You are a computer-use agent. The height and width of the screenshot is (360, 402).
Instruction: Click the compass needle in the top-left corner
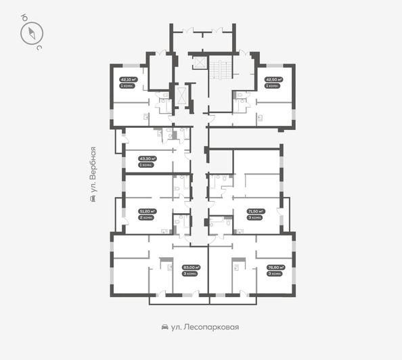coord(31,32)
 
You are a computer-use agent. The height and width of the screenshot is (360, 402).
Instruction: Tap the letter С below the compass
coord(39,48)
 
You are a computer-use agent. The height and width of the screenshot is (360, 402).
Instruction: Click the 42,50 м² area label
coord(273,79)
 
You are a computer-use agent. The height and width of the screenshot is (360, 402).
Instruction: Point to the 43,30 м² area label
coord(147,159)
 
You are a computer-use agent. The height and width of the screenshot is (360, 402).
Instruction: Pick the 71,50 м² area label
coord(256,211)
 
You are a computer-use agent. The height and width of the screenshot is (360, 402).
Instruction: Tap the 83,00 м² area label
coord(190,267)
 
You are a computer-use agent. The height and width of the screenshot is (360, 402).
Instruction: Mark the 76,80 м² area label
coord(274,267)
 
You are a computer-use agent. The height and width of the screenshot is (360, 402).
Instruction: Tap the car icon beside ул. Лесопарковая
coord(165,327)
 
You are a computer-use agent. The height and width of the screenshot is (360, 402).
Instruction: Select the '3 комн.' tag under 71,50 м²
coord(255,218)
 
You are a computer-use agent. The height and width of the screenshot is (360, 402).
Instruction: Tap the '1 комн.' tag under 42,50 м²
coord(272,86)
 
